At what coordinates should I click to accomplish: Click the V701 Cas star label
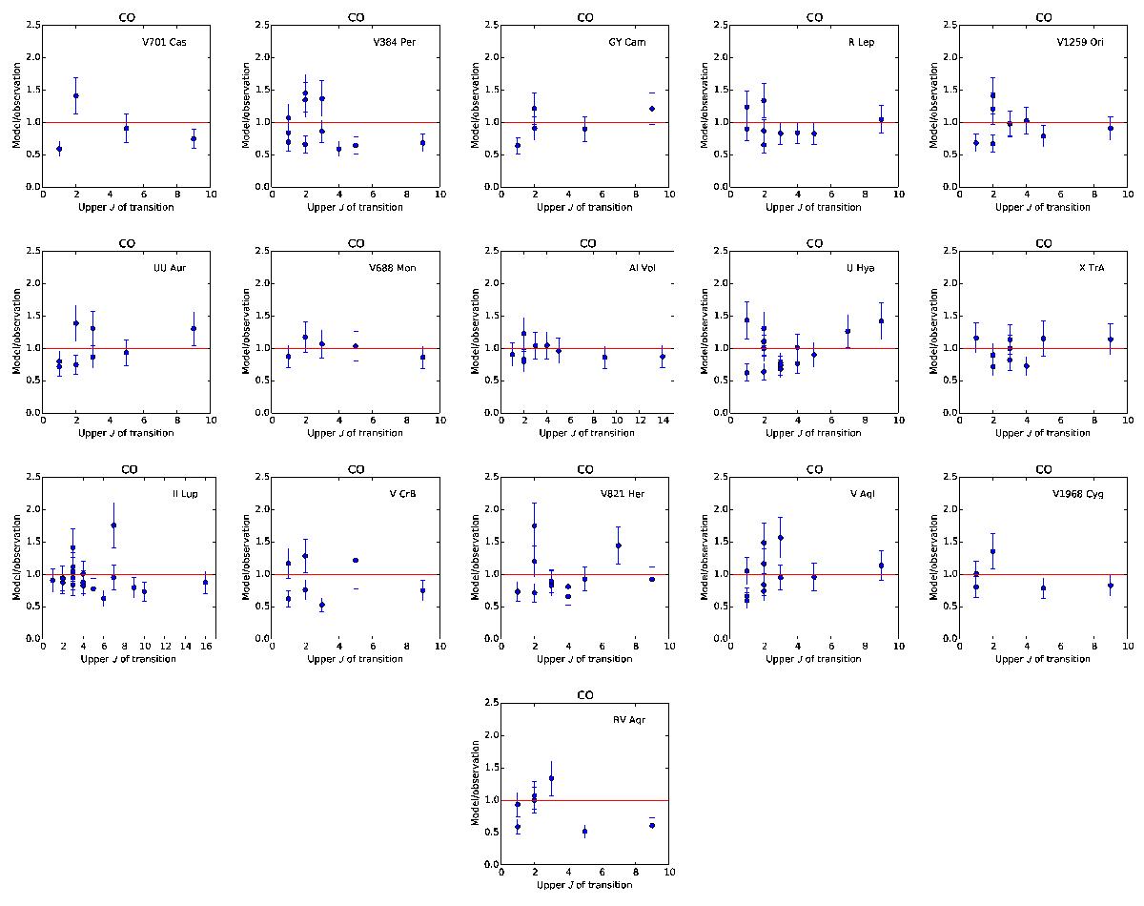pyautogui.click(x=166, y=43)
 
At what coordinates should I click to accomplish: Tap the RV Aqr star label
pyautogui.click(x=629, y=720)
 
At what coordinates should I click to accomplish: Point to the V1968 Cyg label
pyautogui.click(x=1083, y=494)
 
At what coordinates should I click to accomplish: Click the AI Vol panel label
pyautogui.click(x=629, y=268)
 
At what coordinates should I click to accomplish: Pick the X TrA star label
pyautogui.click(x=1092, y=268)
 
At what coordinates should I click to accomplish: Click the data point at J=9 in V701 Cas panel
pyautogui.click(x=194, y=138)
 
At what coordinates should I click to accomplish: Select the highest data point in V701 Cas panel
pyautogui.click(x=76, y=95)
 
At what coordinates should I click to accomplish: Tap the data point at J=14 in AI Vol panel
pyautogui.click(x=662, y=357)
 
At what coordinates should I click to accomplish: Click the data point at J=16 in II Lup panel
pyautogui.click(x=205, y=582)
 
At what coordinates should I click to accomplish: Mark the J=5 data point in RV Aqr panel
pyautogui.click(x=584, y=832)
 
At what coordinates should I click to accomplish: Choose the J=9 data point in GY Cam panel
pyautogui.click(x=652, y=109)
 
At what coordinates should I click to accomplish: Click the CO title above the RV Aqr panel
pyautogui.click(x=585, y=695)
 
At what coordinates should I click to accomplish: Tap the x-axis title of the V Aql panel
pyautogui.click(x=813, y=659)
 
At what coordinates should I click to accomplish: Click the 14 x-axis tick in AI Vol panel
pyautogui.click(x=662, y=422)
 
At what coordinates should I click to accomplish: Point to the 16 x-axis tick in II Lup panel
pyautogui.click(x=205, y=648)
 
